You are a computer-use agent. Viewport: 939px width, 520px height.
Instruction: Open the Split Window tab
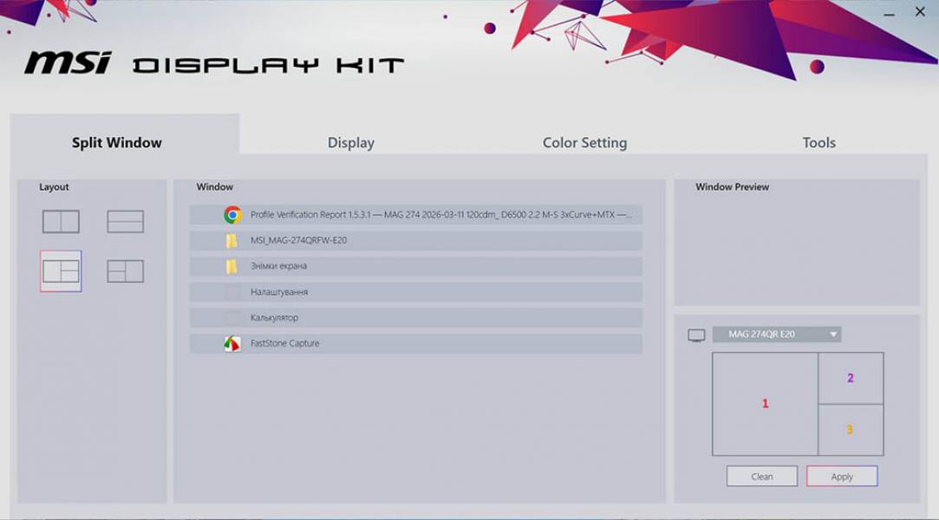click(117, 143)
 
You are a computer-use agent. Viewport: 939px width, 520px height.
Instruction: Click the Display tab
click(351, 143)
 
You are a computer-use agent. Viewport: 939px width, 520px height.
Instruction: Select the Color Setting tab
click(584, 143)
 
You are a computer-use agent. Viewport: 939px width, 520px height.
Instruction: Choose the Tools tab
click(818, 143)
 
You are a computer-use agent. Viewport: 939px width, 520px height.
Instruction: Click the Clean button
click(762, 477)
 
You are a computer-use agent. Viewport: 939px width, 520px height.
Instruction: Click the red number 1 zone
click(765, 404)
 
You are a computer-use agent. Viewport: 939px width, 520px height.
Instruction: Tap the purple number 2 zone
click(851, 378)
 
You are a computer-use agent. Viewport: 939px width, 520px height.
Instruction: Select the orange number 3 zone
click(850, 430)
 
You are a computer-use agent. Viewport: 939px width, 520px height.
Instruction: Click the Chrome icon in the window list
click(232, 215)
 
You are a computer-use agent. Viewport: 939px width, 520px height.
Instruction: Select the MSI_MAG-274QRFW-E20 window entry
click(416, 240)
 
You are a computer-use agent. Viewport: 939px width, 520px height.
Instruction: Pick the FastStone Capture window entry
click(416, 344)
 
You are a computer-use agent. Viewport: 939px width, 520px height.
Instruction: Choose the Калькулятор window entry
click(416, 318)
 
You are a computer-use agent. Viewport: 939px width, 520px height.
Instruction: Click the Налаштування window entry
click(416, 292)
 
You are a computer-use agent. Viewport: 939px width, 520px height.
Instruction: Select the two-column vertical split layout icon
click(61, 222)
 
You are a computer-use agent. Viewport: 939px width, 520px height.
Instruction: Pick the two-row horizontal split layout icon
click(126, 222)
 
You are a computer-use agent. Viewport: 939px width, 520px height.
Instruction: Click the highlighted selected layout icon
click(61, 271)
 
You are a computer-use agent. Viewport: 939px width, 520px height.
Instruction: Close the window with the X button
click(920, 12)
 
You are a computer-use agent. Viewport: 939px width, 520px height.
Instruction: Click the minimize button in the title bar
click(890, 14)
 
